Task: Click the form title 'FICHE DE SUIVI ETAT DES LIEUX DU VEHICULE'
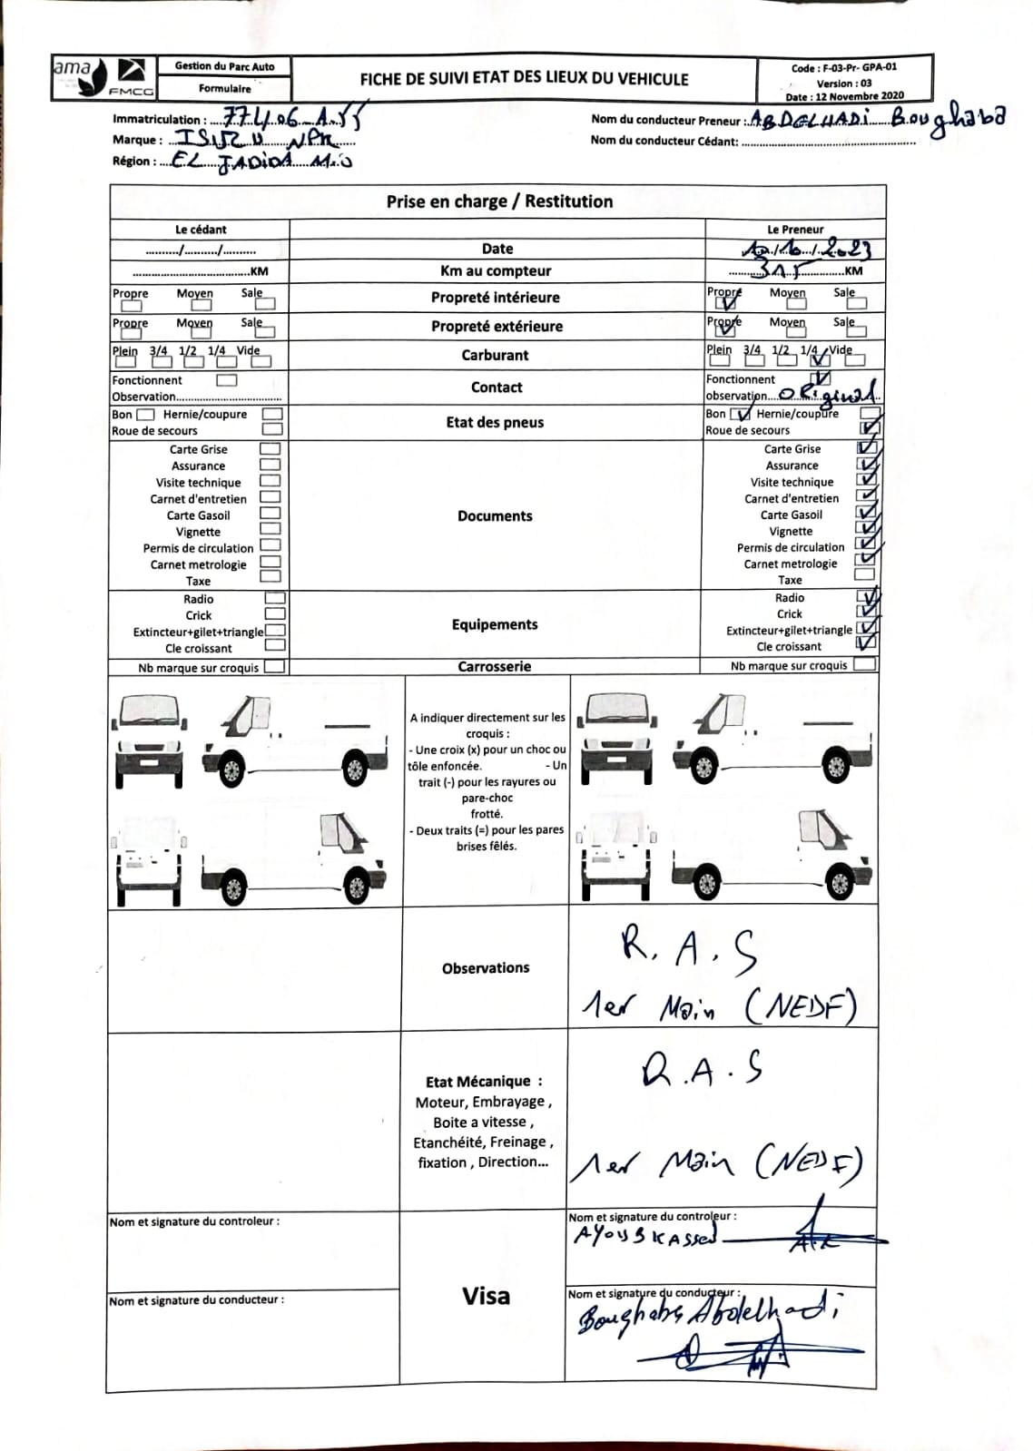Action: (524, 79)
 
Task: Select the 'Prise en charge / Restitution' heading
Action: (499, 201)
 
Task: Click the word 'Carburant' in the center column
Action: (495, 355)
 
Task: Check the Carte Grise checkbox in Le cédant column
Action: (270, 448)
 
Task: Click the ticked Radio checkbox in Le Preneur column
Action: (867, 597)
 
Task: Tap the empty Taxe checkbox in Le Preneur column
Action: (865, 574)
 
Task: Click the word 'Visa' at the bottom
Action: (486, 1296)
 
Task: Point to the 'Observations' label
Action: (486, 968)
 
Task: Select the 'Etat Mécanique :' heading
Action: (484, 1082)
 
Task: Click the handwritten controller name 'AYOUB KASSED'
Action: (644, 1236)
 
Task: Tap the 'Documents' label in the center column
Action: (495, 515)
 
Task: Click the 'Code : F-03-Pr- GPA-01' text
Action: (844, 67)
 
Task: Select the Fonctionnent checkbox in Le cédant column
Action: (227, 380)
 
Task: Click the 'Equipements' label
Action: (495, 624)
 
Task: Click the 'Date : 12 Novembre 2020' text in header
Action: (844, 96)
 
